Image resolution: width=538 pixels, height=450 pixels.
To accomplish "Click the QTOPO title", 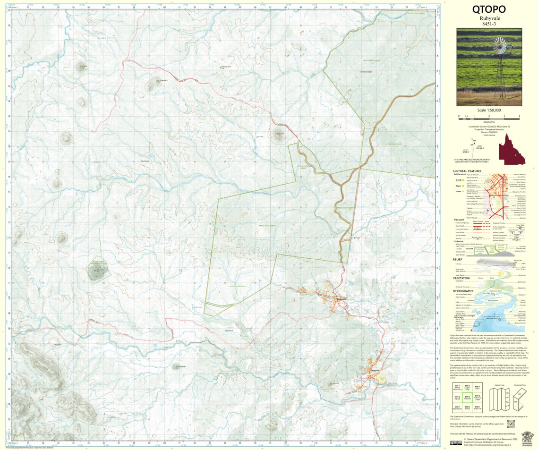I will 489,9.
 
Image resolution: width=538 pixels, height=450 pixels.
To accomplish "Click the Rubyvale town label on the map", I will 342,299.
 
